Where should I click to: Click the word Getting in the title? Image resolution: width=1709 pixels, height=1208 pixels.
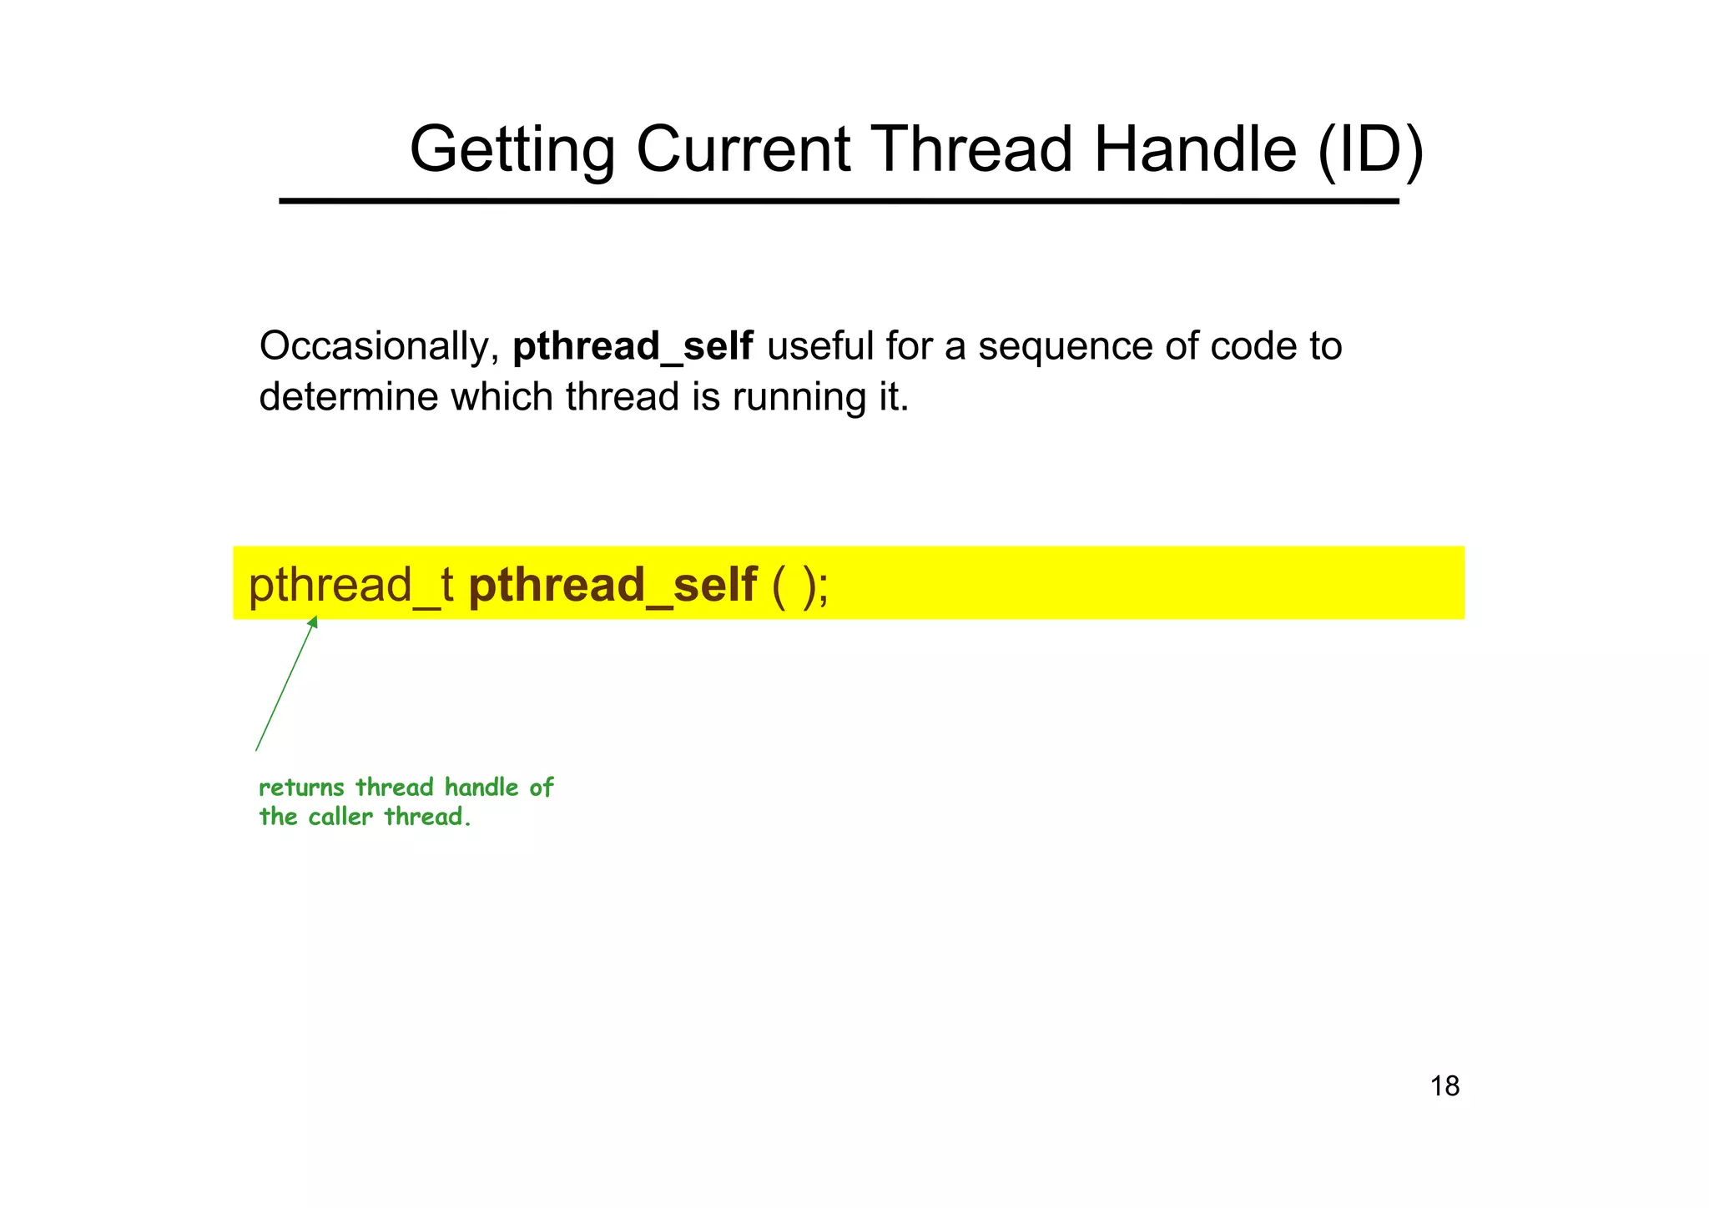click(512, 150)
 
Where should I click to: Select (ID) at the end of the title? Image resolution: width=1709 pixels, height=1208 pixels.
click(1369, 150)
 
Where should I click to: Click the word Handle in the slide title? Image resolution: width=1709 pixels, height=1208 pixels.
click(1195, 150)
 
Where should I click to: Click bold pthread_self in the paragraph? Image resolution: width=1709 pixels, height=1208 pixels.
click(632, 347)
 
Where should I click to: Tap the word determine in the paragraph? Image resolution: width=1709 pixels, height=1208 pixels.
click(348, 397)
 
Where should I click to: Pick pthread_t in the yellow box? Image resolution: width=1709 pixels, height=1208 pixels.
click(350, 585)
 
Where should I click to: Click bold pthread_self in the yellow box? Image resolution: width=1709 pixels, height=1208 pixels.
click(613, 585)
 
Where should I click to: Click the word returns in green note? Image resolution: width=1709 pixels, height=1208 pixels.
click(301, 788)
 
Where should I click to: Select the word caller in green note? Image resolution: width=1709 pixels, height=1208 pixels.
click(340, 817)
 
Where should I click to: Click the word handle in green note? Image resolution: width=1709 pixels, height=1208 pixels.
click(481, 788)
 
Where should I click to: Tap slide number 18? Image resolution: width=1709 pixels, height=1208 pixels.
click(1444, 1086)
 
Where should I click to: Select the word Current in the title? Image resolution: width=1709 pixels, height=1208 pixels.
click(743, 150)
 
